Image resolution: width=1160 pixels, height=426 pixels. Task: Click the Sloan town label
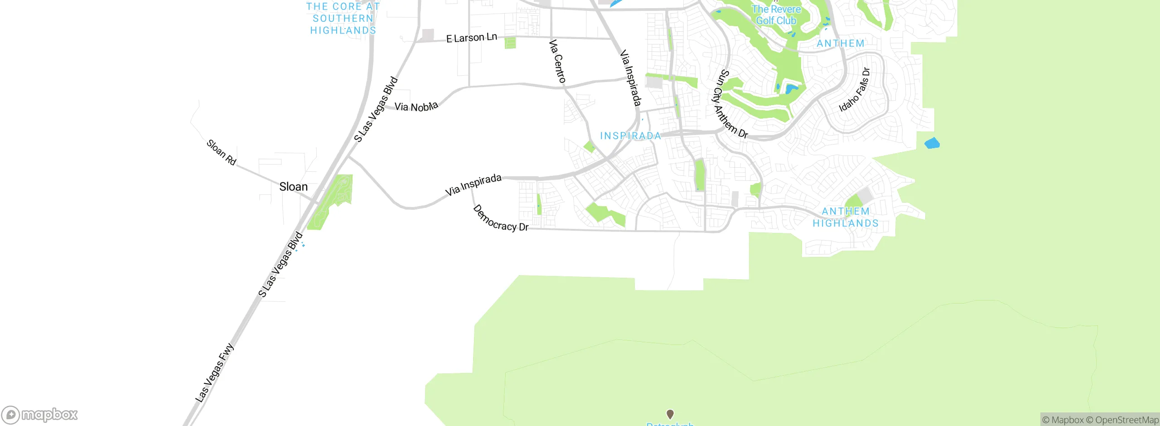tap(293, 187)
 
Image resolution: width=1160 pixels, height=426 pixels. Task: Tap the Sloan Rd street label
tap(221, 152)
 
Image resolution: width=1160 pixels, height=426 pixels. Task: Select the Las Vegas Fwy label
tap(214, 373)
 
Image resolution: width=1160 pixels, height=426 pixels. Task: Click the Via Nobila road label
tap(416, 106)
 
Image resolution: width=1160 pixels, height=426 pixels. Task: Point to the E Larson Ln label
tap(471, 38)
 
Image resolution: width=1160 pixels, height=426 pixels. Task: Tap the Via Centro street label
tap(557, 61)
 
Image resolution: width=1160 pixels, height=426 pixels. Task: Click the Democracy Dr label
tap(500, 218)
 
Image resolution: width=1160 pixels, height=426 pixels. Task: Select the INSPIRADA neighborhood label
tap(630, 136)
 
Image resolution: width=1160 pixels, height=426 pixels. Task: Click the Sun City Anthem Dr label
tap(730, 104)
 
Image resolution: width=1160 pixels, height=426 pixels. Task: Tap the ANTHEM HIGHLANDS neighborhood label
tap(846, 217)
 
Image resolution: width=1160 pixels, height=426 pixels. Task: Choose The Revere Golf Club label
tap(776, 15)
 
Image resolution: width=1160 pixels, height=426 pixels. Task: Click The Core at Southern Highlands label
tap(343, 19)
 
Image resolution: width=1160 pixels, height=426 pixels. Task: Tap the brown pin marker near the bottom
tap(670, 414)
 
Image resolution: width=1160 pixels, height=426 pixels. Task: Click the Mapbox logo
tap(39, 415)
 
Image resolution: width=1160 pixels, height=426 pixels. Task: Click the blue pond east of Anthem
tap(932, 144)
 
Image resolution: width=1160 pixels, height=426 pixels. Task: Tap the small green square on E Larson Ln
tap(510, 43)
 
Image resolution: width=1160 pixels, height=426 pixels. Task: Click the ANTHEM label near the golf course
tap(840, 44)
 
